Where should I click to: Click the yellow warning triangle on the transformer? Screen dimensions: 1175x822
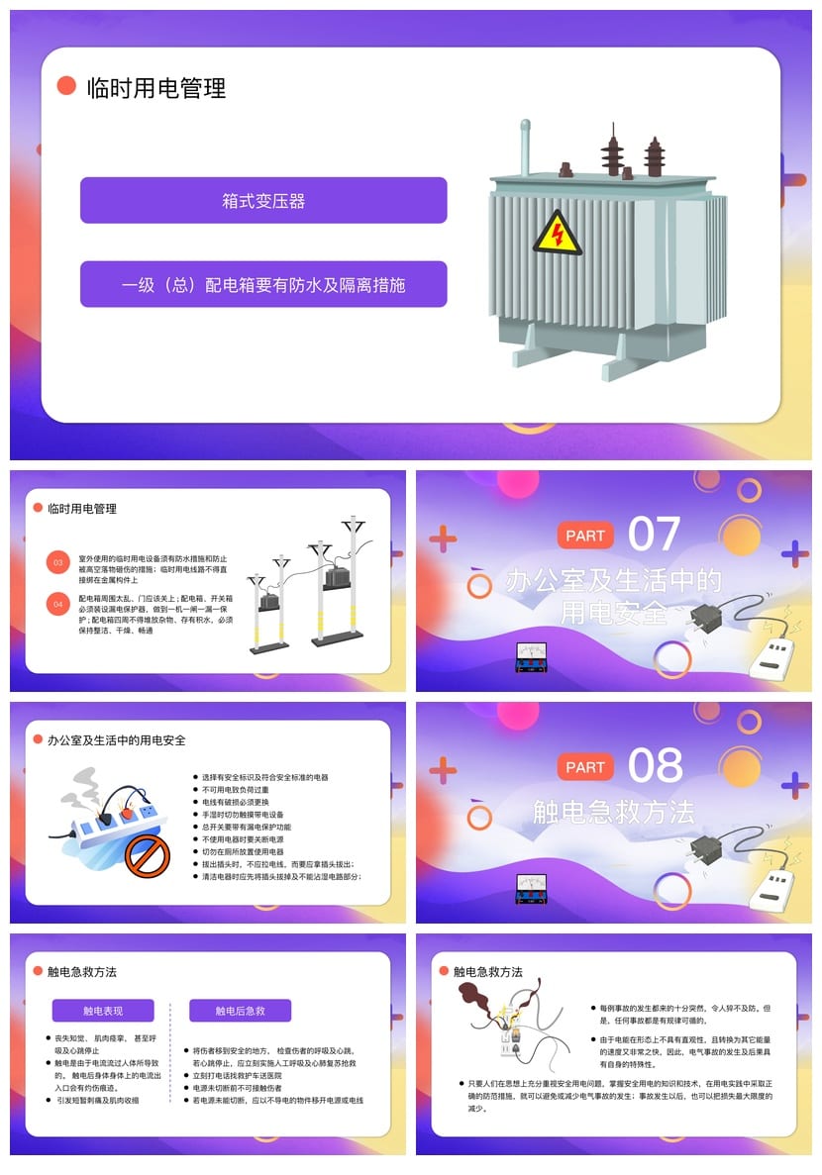557,234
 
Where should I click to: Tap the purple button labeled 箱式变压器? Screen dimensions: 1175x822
263,201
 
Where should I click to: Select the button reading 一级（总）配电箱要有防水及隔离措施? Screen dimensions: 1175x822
263,285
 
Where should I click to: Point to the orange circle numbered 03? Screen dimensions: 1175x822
57,563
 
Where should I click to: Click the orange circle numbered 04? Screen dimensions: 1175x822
57,602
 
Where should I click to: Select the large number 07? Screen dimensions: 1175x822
655,535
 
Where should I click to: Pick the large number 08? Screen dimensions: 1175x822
655,765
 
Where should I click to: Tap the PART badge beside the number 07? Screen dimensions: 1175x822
585,536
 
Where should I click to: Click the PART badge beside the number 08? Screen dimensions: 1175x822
585,766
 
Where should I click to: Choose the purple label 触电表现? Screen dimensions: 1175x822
103,1011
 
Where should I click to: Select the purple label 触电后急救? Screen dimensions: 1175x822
241,1011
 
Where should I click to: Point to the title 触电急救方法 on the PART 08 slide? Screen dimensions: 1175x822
614,813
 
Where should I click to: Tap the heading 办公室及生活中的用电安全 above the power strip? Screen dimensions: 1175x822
117,740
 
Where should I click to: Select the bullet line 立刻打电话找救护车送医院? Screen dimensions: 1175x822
238,1075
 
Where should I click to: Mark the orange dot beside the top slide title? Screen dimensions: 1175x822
66,86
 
